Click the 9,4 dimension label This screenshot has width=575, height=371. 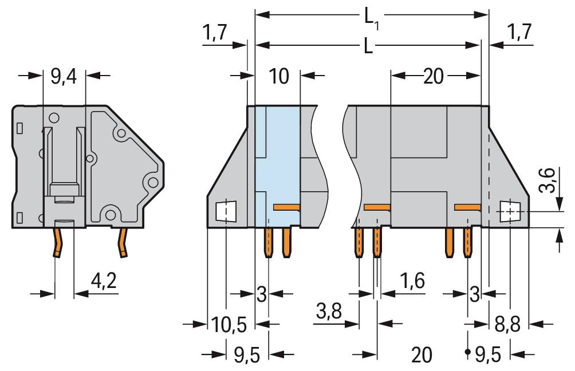(64, 76)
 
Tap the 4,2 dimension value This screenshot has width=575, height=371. (104, 281)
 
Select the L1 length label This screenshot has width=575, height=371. (371, 17)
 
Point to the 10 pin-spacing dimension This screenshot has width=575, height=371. (279, 76)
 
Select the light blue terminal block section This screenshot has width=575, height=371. (276, 160)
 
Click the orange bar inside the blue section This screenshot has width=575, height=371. (286, 207)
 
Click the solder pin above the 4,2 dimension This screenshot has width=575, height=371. (58, 242)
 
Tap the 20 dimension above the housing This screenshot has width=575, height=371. (434, 76)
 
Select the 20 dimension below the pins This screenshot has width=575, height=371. (422, 355)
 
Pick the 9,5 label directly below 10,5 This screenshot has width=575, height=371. (247, 355)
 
